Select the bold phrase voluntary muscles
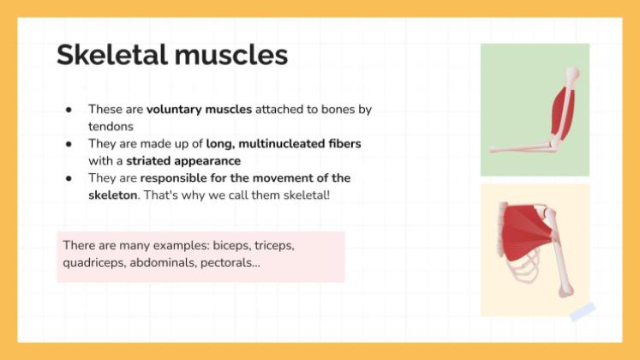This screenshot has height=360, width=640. pos(199,110)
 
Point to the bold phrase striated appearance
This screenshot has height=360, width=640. pos(183,161)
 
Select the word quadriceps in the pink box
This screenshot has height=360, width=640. pos(93,263)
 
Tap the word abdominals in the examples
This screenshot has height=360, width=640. pos(163,263)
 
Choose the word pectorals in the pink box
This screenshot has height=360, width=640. pos(230,263)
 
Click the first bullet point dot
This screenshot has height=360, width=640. pos(68,110)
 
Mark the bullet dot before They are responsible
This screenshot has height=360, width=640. pos(68,178)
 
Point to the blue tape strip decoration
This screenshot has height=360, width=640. pos(582,312)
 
